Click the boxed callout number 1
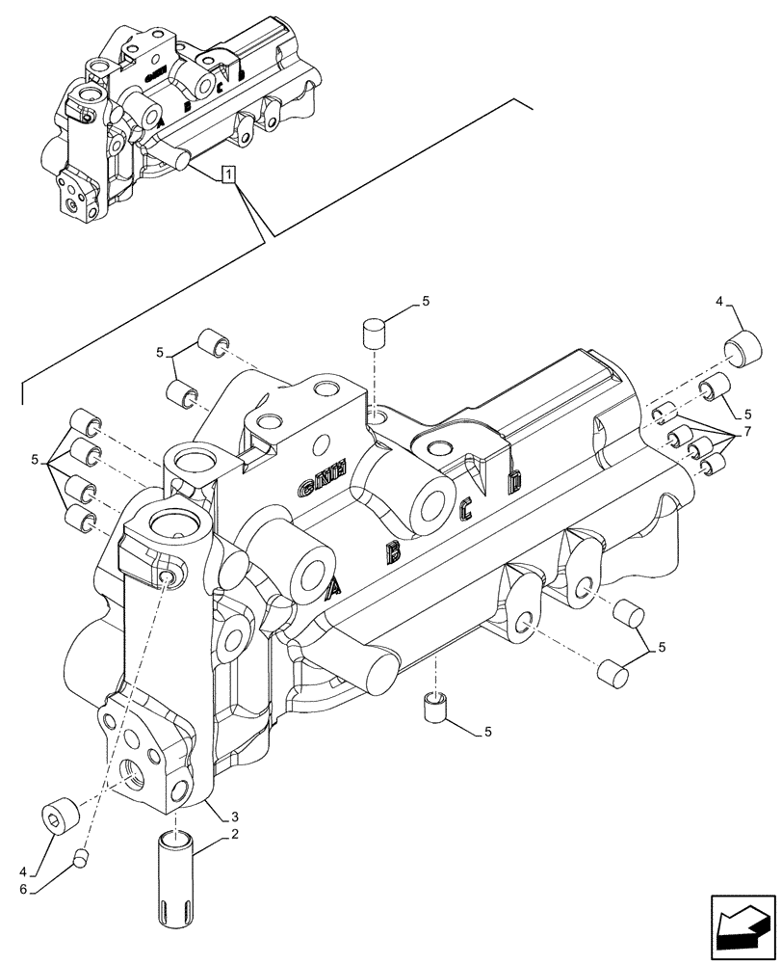pyautogui.click(x=228, y=174)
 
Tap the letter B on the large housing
pyautogui.click(x=393, y=551)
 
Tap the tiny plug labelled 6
pyautogui.click(x=83, y=854)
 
